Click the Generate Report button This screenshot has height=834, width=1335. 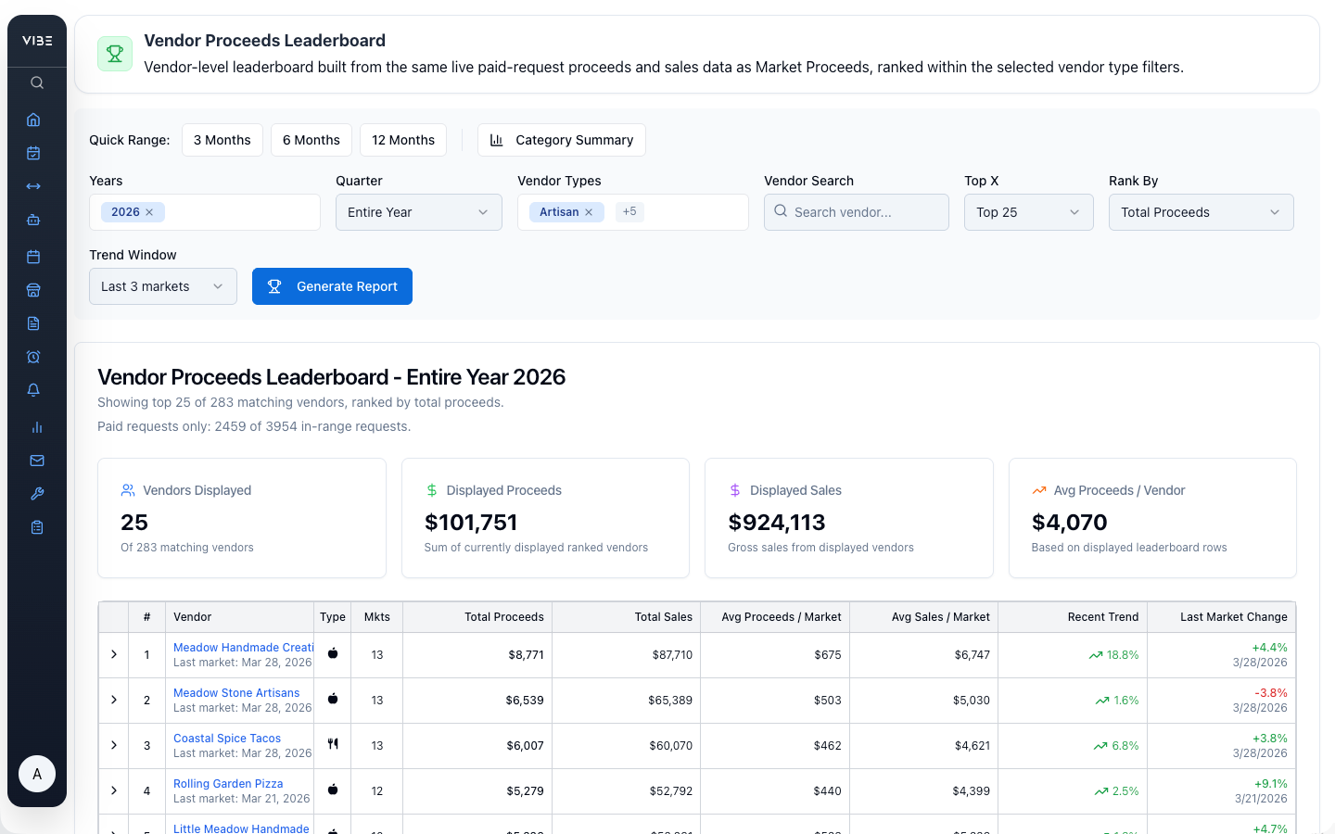(x=332, y=286)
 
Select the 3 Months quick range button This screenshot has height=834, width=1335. (x=222, y=140)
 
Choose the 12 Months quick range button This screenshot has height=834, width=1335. (x=403, y=140)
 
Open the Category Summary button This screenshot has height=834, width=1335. (x=562, y=140)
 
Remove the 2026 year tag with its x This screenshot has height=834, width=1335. (x=149, y=212)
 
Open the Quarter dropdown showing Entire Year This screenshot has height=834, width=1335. (x=418, y=212)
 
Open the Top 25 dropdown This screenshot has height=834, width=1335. (x=1028, y=212)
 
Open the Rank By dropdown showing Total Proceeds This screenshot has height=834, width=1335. (x=1201, y=212)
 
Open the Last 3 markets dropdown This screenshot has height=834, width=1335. (x=163, y=286)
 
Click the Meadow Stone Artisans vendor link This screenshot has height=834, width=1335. (x=236, y=693)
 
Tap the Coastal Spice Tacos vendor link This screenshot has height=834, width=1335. (x=227, y=739)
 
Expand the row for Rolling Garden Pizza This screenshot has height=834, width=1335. (x=114, y=791)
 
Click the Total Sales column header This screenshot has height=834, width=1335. (x=663, y=617)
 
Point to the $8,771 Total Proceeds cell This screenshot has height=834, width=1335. (x=526, y=655)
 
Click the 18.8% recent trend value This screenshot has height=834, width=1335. (x=1122, y=655)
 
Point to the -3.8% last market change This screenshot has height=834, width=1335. (x=1270, y=693)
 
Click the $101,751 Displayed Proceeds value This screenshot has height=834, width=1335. (x=471, y=523)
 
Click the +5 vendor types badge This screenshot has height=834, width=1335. (x=629, y=212)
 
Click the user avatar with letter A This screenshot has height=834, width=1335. (x=37, y=774)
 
